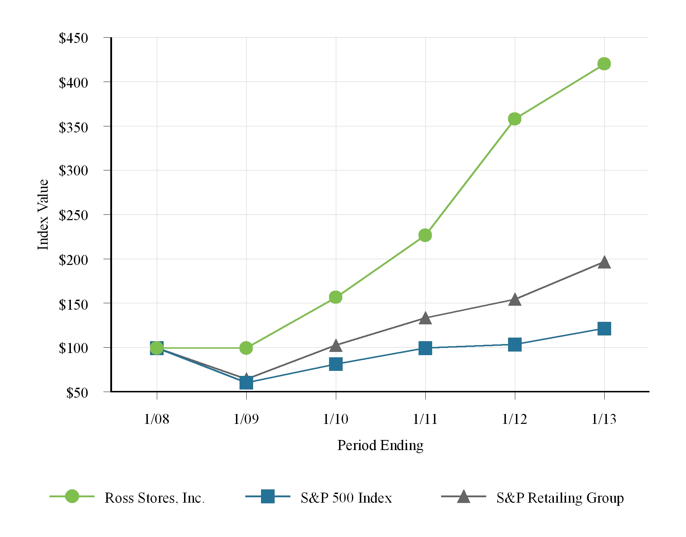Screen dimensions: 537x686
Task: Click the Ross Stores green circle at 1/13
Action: click(x=604, y=64)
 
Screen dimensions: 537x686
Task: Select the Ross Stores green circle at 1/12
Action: click(x=514, y=119)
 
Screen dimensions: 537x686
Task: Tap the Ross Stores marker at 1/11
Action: click(x=425, y=235)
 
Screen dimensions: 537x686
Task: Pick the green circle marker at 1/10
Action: click(x=335, y=297)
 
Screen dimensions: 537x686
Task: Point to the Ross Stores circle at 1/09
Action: click(x=246, y=348)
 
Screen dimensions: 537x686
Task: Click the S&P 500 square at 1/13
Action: click(x=604, y=328)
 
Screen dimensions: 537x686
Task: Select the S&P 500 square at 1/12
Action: click(x=515, y=344)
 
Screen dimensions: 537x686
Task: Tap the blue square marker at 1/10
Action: click(x=335, y=364)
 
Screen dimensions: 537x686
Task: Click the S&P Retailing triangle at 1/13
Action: click(x=604, y=263)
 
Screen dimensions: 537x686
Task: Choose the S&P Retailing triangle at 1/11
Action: click(x=425, y=318)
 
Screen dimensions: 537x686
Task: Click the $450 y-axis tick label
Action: click(x=73, y=38)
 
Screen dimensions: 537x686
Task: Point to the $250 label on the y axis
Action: click(x=73, y=215)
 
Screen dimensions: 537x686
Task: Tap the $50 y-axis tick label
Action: click(x=77, y=393)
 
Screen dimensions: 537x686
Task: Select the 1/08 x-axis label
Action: click(x=156, y=419)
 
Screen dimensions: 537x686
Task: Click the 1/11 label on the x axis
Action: click(x=425, y=419)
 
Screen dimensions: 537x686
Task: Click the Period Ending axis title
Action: click(x=380, y=445)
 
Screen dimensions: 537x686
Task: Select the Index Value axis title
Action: click(x=43, y=215)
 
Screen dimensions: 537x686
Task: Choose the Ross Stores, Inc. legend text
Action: click(x=154, y=498)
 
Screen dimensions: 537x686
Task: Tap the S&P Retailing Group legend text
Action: click(x=560, y=498)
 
